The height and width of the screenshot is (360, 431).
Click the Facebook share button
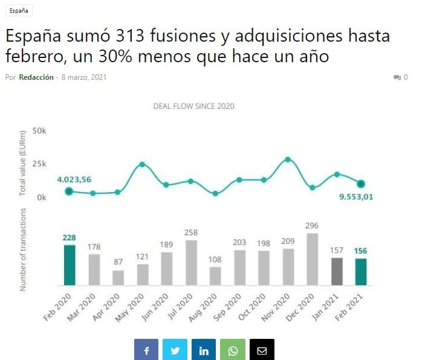pyautogui.click(x=146, y=350)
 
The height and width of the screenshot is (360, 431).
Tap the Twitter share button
pyautogui.click(x=175, y=350)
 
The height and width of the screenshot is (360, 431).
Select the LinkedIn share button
pyautogui.click(x=204, y=350)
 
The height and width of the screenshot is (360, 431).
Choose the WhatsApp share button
pyautogui.click(x=233, y=350)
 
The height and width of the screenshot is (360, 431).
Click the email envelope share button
pyautogui.click(x=262, y=350)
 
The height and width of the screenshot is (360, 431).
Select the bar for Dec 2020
pyautogui.click(x=313, y=259)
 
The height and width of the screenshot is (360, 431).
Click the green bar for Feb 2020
pyautogui.click(x=70, y=265)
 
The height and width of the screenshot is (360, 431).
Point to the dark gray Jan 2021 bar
pyautogui.click(x=337, y=271)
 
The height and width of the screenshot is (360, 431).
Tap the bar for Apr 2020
pyautogui.click(x=118, y=278)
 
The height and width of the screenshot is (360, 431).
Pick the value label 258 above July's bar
pyautogui.click(x=191, y=233)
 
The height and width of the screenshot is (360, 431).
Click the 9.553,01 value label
pyautogui.click(x=355, y=196)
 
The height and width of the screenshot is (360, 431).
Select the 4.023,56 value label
pyautogui.click(x=74, y=179)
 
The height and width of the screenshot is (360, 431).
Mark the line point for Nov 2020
pyautogui.click(x=288, y=159)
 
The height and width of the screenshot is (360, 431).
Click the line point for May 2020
pyautogui.click(x=142, y=164)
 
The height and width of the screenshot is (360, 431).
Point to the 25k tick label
pyautogui.click(x=39, y=164)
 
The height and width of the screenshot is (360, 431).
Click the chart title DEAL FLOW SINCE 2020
pyautogui.click(x=194, y=106)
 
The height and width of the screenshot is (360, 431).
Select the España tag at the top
pyautogui.click(x=19, y=11)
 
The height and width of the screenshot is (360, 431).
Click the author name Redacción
pyautogui.click(x=36, y=77)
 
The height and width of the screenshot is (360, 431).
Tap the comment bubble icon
pyautogui.click(x=397, y=77)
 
